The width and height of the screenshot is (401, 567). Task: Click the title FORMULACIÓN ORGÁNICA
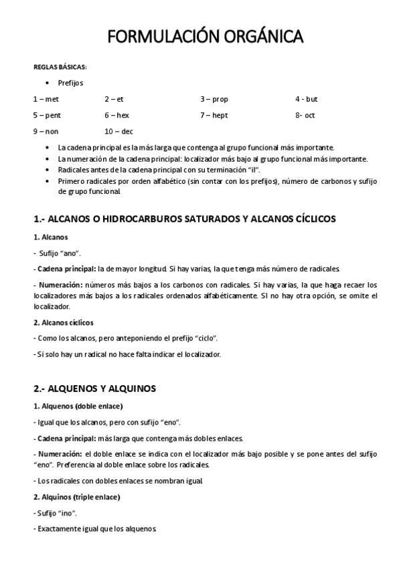click(x=201, y=37)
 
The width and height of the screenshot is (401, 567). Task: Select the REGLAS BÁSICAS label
click(x=60, y=67)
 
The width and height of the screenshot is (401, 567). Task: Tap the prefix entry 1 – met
click(x=46, y=99)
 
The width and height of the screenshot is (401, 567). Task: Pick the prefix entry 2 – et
click(x=114, y=99)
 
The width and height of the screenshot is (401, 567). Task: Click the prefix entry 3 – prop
click(x=214, y=99)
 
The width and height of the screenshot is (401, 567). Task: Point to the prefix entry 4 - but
click(x=306, y=99)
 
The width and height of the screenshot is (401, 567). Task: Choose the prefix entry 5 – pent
click(x=47, y=115)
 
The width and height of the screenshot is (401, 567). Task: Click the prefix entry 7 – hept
click(x=214, y=115)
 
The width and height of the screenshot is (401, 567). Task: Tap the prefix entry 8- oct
click(x=305, y=115)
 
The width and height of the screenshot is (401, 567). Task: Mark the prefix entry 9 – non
click(x=46, y=131)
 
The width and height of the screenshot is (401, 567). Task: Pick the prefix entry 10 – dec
click(x=118, y=131)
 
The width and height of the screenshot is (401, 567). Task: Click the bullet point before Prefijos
click(x=47, y=83)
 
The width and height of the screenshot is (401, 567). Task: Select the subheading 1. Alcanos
click(x=50, y=237)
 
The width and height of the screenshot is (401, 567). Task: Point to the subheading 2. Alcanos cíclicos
click(x=64, y=322)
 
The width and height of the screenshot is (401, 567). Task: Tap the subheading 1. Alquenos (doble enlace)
click(x=78, y=407)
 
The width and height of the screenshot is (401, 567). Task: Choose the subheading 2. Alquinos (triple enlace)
click(x=77, y=497)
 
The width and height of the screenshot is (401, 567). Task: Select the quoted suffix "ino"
click(x=66, y=513)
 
